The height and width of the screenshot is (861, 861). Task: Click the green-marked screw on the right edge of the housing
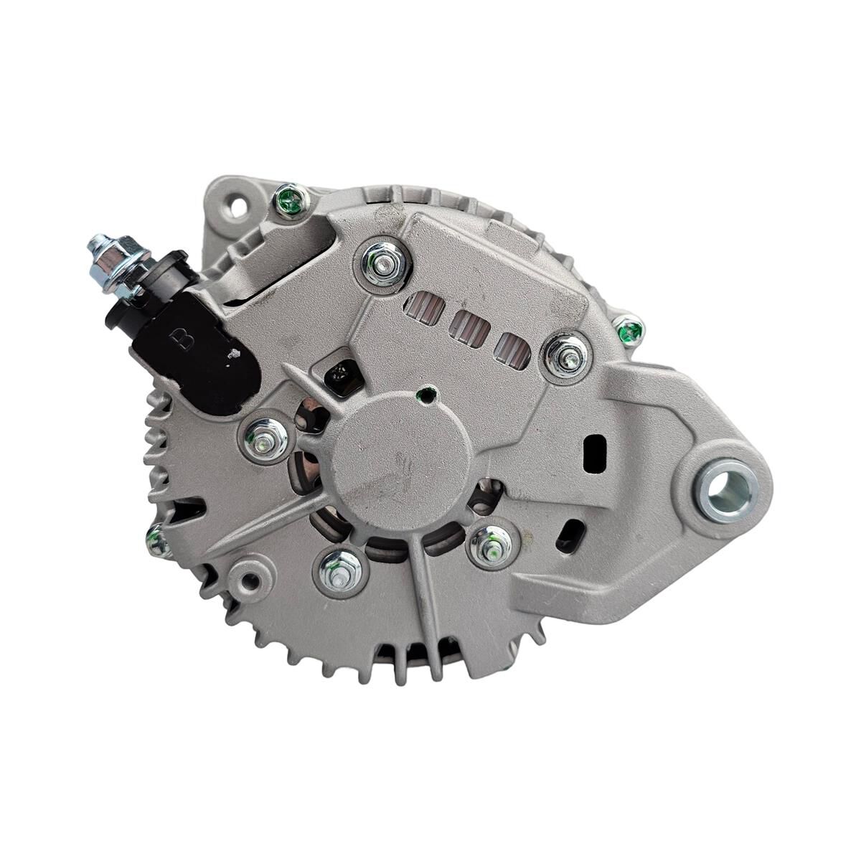point(630,330)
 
